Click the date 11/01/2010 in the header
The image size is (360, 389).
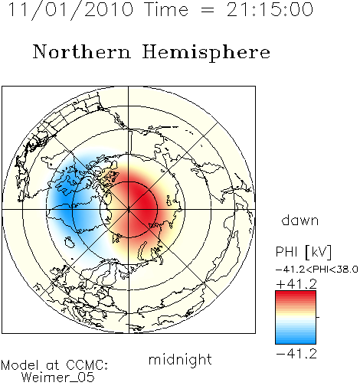tap(70, 10)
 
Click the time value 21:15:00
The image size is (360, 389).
tap(270, 9)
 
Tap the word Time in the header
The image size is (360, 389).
tap(166, 9)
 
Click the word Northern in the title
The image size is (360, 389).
tap(82, 51)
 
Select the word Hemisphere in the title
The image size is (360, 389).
tap(206, 53)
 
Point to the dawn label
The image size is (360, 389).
tap(300, 220)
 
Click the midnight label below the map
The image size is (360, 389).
tap(180, 359)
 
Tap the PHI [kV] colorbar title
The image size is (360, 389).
tap(303, 252)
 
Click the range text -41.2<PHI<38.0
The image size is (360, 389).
tap(317, 270)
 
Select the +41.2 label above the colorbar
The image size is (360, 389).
tap(296, 284)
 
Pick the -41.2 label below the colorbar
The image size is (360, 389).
tap(296, 354)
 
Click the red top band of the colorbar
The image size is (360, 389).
tap(296, 294)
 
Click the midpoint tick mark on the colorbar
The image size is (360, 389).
tap(318, 317)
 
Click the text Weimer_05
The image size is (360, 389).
tap(58, 378)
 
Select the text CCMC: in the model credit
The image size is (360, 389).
tap(87, 365)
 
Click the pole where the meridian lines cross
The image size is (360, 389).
tap(129, 210)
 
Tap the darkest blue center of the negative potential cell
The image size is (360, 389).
tap(64, 201)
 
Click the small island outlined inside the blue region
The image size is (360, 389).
tap(70, 242)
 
